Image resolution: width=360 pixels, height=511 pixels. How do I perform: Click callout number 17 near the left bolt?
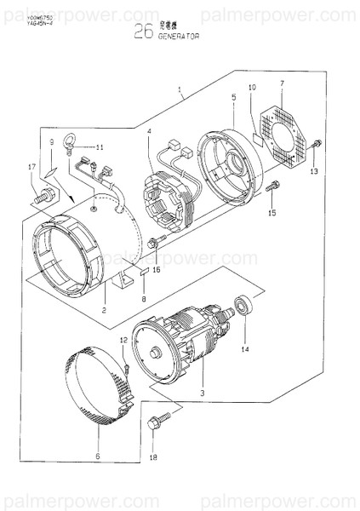click(31, 167)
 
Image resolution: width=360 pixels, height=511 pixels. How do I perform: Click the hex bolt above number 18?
click(159, 420)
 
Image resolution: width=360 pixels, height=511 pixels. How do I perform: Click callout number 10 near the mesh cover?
click(251, 88)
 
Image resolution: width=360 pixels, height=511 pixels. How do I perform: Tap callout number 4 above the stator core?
click(149, 132)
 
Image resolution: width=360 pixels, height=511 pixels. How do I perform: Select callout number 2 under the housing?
click(104, 310)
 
